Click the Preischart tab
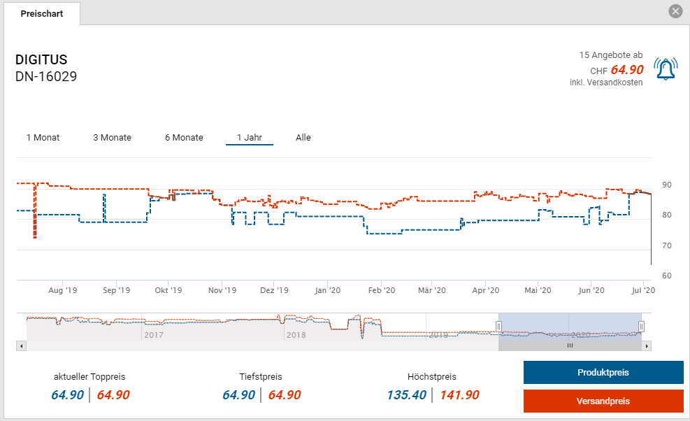coord(41,14)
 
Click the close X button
coord(675,11)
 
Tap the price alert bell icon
coord(666,69)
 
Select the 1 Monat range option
coord(43,138)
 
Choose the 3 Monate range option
coord(112,138)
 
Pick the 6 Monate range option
coord(184,138)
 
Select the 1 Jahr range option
coord(249,138)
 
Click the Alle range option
coord(303,138)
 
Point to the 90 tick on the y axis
coord(666,185)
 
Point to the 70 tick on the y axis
coord(666,245)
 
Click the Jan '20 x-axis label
coord(327,290)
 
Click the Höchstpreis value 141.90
coord(459,395)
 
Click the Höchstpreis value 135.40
coord(406,395)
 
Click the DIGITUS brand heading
coord(41,59)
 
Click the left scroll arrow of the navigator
coord(21,345)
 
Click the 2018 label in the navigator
coord(295,335)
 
